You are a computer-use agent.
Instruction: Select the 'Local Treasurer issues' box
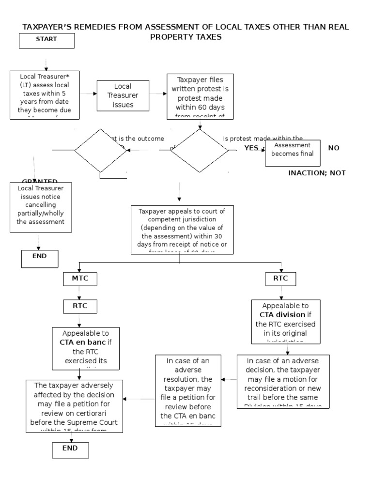[123, 95]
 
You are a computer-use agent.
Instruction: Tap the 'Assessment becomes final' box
[293, 153]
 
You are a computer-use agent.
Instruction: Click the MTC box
[80, 279]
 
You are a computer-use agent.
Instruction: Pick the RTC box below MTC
[80, 306]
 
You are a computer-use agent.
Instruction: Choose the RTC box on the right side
[280, 279]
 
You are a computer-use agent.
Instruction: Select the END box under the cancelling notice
[40, 258]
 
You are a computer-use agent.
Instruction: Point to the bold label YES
[251, 148]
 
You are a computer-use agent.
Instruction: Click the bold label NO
[334, 148]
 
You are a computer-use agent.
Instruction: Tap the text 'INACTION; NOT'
[317, 173]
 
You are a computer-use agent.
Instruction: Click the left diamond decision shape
[100, 151]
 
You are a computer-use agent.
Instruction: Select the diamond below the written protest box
[199, 151]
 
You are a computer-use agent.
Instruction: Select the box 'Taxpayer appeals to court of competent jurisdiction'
[182, 230]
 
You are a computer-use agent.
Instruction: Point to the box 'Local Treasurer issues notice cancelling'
[41, 207]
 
